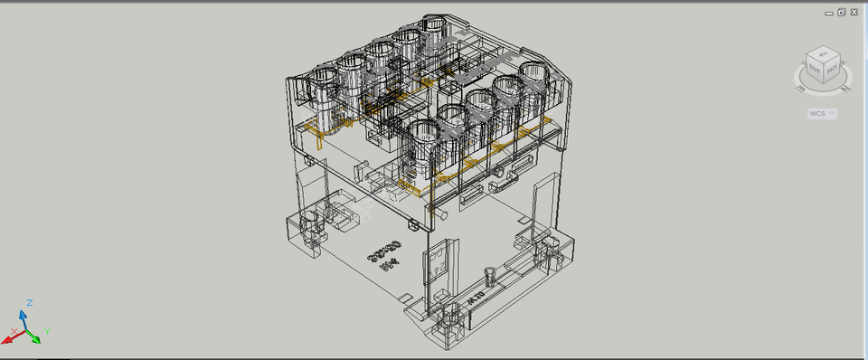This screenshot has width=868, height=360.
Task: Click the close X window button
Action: [x=853, y=12]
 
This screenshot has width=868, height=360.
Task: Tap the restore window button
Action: [x=841, y=12]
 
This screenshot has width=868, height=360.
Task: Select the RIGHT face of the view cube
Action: [x=814, y=69]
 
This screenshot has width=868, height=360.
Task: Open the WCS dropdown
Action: [x=823, y=113]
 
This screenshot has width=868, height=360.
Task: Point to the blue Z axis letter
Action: [x=30, y=302]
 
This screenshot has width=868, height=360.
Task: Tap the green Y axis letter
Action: [x=46, y=332]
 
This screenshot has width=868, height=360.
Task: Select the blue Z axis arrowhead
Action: [x=24, y=312]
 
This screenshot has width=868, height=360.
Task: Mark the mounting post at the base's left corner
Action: [x=309, y=223]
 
